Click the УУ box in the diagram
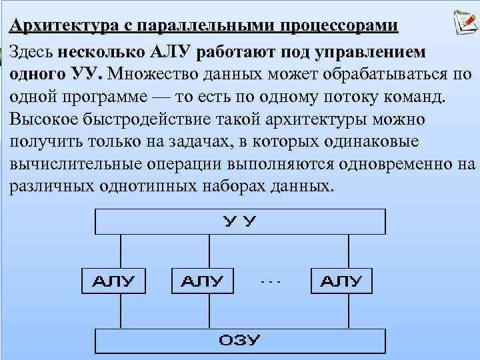(x=240, y=221)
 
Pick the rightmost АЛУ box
(x=341, y=280)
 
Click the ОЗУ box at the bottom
(x=240, y=340)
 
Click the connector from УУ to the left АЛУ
(x=121, y=251)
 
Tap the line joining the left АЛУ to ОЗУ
(x=121, y=309)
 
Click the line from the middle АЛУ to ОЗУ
(x=211, y=309)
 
